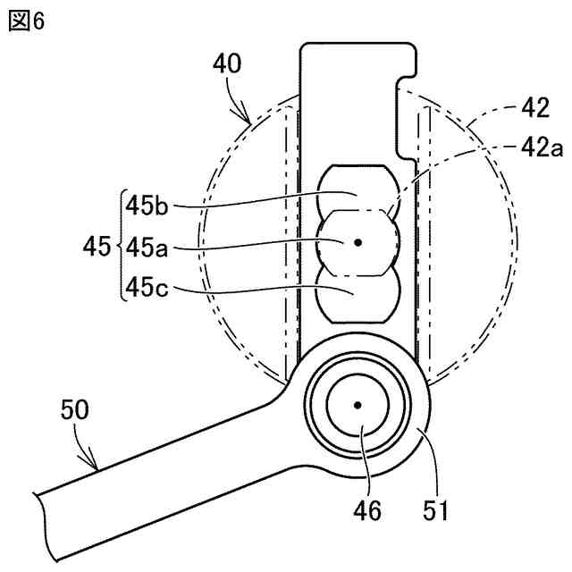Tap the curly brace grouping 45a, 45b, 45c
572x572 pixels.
pyautogui.click(x=117, y=245)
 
